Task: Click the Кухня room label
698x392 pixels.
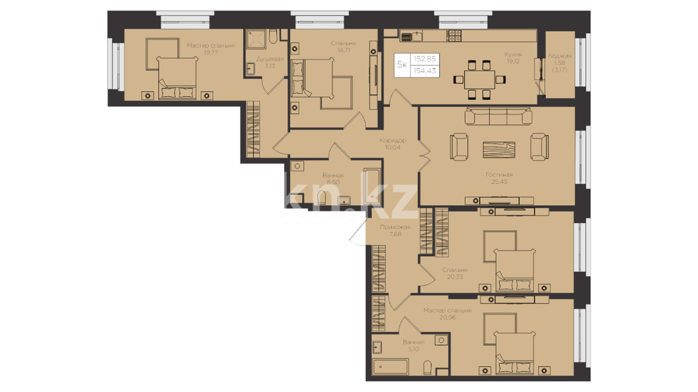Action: point(513,54)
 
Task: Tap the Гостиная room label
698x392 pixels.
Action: point(499,175)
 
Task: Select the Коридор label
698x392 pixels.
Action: point(393,140)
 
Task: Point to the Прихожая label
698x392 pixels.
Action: point(395,227)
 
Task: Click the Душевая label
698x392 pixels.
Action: point(270,59)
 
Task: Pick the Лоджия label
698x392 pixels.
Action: point(560,56)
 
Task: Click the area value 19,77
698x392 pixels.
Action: point(211,53)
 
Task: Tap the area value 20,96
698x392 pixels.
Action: point(448,317)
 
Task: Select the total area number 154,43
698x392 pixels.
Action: point(425,71)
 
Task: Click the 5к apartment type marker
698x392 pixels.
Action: point(402,65)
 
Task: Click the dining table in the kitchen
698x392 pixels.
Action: point(479,79)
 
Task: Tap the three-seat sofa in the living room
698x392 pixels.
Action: point(498,116)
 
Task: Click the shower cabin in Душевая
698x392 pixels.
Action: point(256,39)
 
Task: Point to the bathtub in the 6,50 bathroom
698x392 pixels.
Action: point(372,186)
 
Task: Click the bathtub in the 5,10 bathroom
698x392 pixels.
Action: point(390,367)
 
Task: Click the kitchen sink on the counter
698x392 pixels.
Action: point(411,36)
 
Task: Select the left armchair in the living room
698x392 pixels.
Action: point(459,147)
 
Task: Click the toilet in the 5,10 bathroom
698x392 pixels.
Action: point(428,367)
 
